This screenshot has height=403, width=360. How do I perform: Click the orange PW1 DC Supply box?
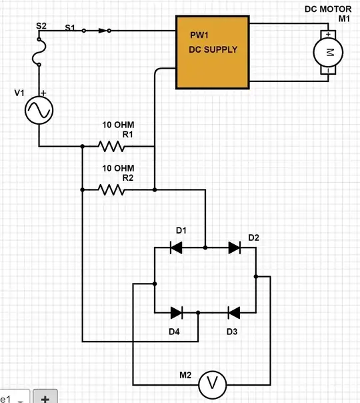tap(212, 51)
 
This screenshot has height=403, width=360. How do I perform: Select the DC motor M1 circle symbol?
tap(328, 52)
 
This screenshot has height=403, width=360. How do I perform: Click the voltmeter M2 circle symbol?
tap(213, 384)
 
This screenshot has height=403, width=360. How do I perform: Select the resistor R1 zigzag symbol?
tap(112, 146)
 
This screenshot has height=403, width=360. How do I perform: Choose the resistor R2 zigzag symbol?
tap(112, 189)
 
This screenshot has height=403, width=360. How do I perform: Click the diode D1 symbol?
tap(177, 248)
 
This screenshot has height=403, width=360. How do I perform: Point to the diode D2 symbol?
tap(234, 248)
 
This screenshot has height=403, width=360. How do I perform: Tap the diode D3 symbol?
tap(234, 312)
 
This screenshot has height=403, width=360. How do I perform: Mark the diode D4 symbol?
tap(177, 312)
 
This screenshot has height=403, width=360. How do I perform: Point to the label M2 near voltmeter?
tap(185, 375)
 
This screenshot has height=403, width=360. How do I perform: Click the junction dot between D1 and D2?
tap(205, 248)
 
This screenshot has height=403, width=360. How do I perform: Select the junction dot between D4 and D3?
tap(199, 312)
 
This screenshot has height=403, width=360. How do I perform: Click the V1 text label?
tap(19, 93)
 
